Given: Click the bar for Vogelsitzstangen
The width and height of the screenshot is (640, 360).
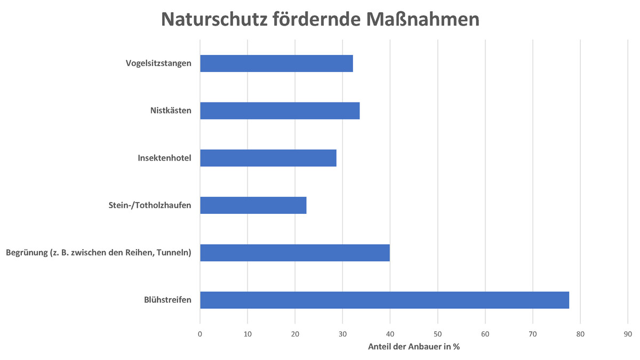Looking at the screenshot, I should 276,63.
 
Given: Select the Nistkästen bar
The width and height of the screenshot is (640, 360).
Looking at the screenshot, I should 279,111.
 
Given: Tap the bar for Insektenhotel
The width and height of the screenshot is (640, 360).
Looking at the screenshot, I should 268,158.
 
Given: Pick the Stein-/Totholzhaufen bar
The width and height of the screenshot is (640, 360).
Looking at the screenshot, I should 253,205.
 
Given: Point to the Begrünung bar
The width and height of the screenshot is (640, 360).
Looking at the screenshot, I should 294,253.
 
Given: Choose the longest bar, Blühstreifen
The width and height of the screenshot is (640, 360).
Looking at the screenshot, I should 384,300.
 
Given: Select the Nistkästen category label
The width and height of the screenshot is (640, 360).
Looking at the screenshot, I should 171,111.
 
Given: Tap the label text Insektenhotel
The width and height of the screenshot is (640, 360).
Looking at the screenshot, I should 164,158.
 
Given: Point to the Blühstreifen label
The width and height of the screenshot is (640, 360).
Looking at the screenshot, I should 167,300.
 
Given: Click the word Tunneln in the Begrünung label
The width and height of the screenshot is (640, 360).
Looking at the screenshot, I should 173,253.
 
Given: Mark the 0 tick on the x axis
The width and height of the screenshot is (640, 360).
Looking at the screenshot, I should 200,334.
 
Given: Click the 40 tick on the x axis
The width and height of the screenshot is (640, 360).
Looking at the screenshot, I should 390,334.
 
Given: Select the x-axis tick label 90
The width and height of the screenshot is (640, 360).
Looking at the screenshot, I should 628,334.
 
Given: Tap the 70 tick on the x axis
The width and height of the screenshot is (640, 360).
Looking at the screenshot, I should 533,334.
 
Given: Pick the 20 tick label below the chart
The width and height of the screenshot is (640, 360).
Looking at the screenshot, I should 295,334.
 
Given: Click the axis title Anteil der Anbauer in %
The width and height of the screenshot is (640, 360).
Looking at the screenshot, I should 414,347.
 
